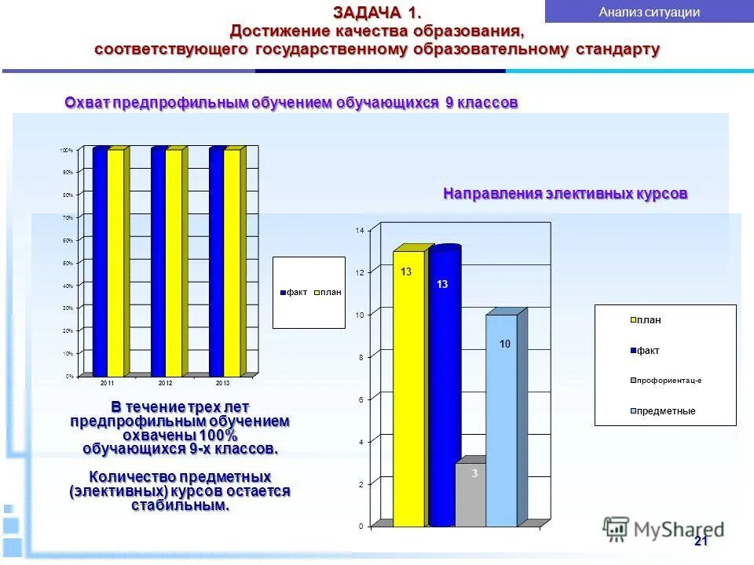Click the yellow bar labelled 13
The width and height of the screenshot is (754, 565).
click(408, 388)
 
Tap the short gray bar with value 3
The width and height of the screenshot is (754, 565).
click(471, 494)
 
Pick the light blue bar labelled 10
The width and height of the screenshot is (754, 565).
click(501, 420)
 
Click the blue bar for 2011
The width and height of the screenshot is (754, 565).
click(100, 263)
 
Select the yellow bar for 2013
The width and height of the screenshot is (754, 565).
click(232, 263)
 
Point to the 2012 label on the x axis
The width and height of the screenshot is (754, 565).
click(166, 382)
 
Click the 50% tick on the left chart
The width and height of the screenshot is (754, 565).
click(68, 263)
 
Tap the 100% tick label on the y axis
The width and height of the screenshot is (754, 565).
click(67, 150)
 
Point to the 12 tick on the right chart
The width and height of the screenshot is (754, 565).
click(360, 272)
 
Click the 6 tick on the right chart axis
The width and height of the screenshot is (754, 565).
click(361, 399)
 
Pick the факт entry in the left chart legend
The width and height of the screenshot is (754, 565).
click(294, 292)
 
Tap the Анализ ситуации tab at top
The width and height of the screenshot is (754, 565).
click(649, 12)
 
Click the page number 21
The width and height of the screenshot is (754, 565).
click(701, 542)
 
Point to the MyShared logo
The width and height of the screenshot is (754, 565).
click(663, 530)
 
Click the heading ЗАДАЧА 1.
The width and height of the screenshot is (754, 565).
click(377, 13)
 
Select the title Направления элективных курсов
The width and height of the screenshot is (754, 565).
click(565, 194)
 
